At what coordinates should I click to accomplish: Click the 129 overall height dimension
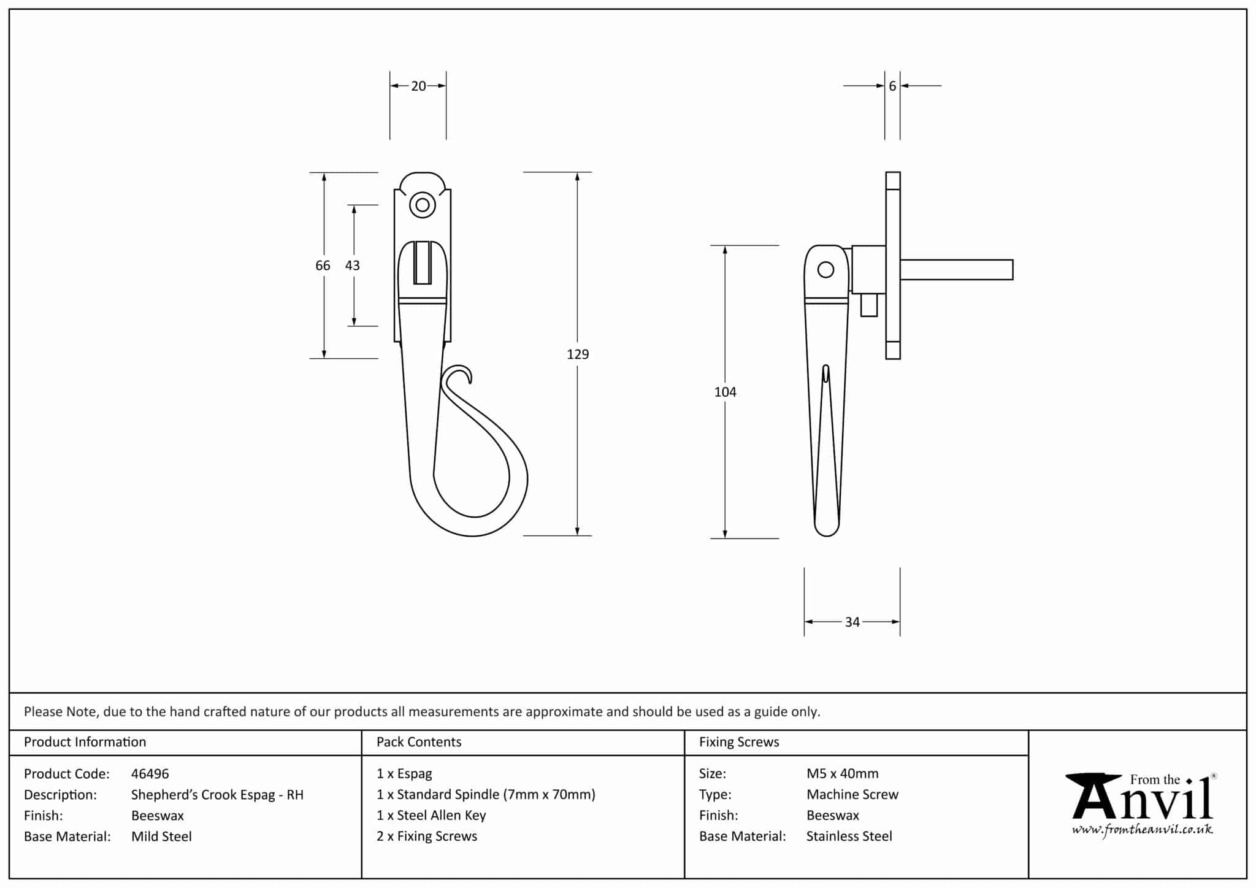point(578,354)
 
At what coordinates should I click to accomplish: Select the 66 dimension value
point(323,266)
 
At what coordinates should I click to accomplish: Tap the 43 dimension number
point(353,266)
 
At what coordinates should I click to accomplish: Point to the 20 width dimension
point(418,86)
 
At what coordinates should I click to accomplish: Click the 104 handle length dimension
point(725,392)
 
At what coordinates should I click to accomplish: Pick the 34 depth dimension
point(852,622)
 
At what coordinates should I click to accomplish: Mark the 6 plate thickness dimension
point(892,86)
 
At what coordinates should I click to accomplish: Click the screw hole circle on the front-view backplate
point(422,205)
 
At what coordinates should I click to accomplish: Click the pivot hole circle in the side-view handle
point(826,269)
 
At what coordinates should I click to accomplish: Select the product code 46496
point(150,774)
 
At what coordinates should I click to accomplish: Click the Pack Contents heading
point(419,742)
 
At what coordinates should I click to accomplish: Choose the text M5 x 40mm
point(842,774)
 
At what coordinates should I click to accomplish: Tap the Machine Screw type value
point(852,795)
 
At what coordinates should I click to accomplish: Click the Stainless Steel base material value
point(849,836)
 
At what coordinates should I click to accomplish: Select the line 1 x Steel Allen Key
point(431,816)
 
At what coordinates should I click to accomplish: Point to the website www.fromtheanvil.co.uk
point(1142,830)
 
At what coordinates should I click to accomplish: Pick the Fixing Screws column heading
point(739,742)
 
